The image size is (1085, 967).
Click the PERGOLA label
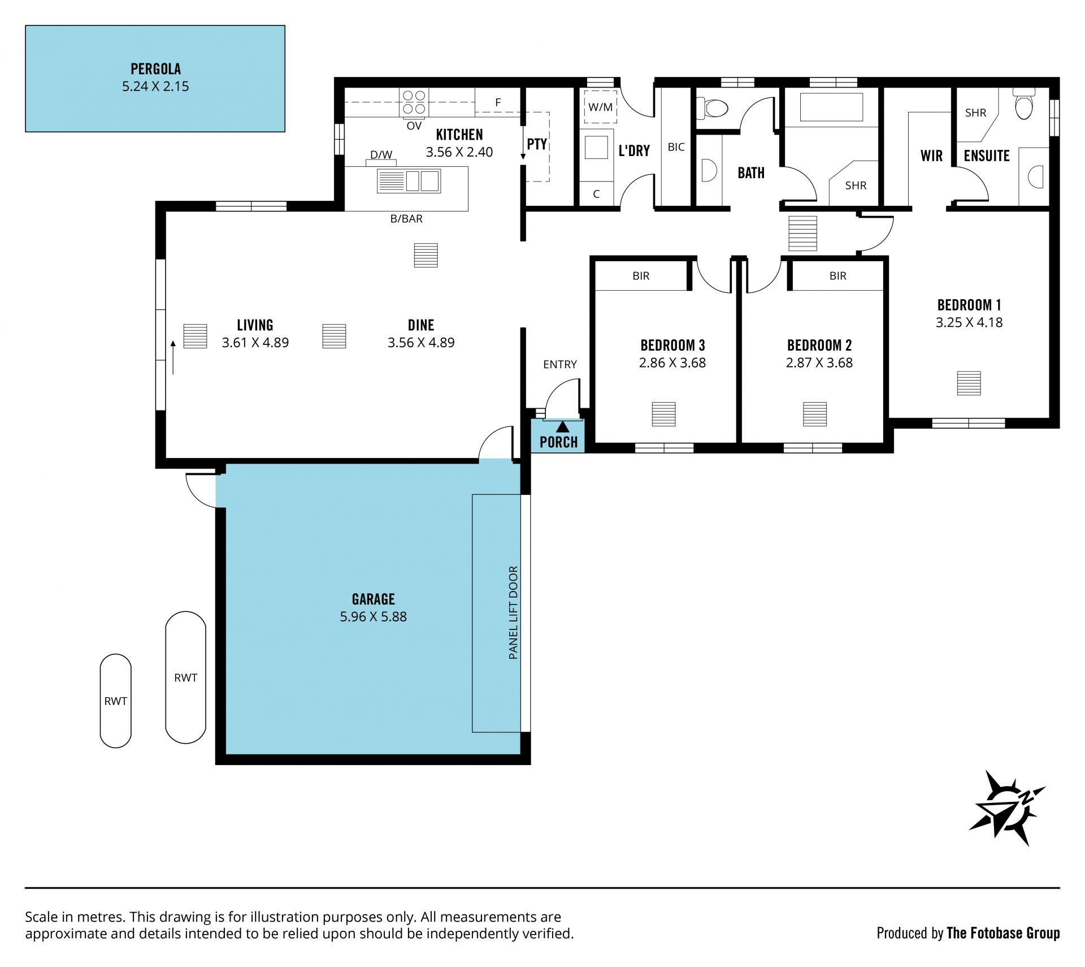(x=155, y=69)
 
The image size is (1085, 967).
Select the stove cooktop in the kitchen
(x=414, y=102)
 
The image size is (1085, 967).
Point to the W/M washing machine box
(x=600, y=107)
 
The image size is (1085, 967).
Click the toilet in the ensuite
(x=1023, y=103)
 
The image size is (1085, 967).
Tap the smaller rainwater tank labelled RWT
(x=116, y=701)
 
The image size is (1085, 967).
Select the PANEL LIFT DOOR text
(x=513, y=612)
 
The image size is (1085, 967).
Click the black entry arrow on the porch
(x=563, y=427)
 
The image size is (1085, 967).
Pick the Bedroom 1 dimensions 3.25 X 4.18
(x=969, y=322)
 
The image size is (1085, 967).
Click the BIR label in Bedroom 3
(x=641, y=276)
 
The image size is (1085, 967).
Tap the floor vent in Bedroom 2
(x=815, y=414)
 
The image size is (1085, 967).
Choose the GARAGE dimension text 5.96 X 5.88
(x=373, y=616)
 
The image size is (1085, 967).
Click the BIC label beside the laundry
(x=676, y=147)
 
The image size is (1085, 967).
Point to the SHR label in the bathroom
(x=856, y=185)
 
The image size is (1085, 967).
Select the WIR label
(x=931, y=156)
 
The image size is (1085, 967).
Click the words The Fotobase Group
(x=1003, y=933)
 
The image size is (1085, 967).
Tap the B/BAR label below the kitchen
(x=406, y=219)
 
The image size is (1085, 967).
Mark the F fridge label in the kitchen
(x=498, y=102)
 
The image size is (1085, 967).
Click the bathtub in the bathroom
(x=831, y=107)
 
